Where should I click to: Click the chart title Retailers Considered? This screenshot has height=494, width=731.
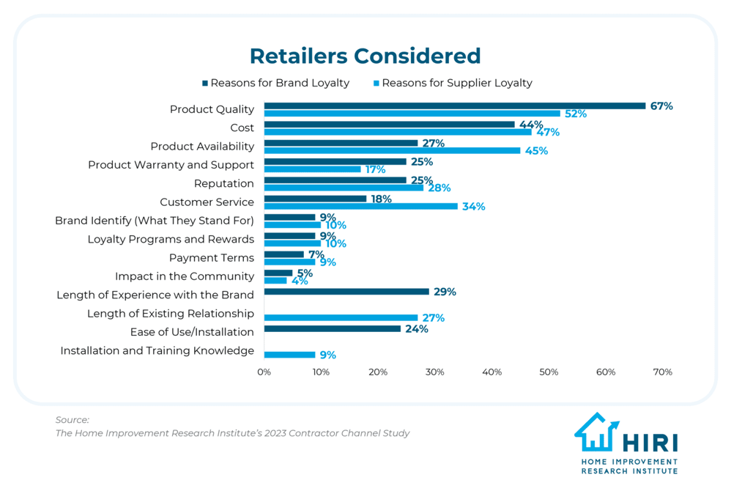pyautogui.click(x=365, y=56)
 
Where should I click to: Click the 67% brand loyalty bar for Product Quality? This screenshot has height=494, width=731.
pyautogui.click(x=454, y=106)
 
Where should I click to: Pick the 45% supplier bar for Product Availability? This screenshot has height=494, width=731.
pyautogui.click(x=392, y=150)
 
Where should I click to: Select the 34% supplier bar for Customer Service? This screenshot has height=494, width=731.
pyautogui.click(x=360, y=206)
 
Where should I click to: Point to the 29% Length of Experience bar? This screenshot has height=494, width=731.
pyautogui.click(x=346, y=292)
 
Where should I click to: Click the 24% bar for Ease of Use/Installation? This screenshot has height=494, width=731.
pyautogui.click(x=332, y=329)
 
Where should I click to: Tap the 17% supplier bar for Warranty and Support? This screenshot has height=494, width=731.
pyautogui.click(x=312, y=169)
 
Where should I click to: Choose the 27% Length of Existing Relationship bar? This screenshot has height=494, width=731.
pyautogui.click(x=341, y=317)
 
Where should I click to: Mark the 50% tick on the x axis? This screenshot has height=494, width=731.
pyautogui.click(x=549, y=372)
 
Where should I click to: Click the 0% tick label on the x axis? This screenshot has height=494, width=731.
pyautogui.click(x=264, y=372)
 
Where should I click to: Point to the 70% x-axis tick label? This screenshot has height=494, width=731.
pyautogui.click(x=662, y=372)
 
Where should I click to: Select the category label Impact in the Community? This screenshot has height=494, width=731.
pyautogui.click(x=184, y=276)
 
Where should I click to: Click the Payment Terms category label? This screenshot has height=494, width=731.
pyautogui.click(x=211, y=258)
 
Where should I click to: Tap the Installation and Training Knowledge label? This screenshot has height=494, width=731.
pyautogui.click(x=157, y=351)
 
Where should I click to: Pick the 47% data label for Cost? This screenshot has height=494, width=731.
pyautogui.click(x=548, y=133)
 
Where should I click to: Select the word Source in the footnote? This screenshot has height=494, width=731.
pyautogui.click(x=72, y=420)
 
